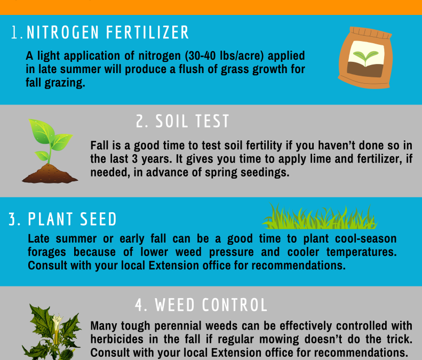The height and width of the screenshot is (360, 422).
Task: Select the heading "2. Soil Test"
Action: [x=182, y=122]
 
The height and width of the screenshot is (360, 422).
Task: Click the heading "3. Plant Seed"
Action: [x=63, y=220]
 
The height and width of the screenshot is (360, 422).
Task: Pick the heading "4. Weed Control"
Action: [x=201, y=305]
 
